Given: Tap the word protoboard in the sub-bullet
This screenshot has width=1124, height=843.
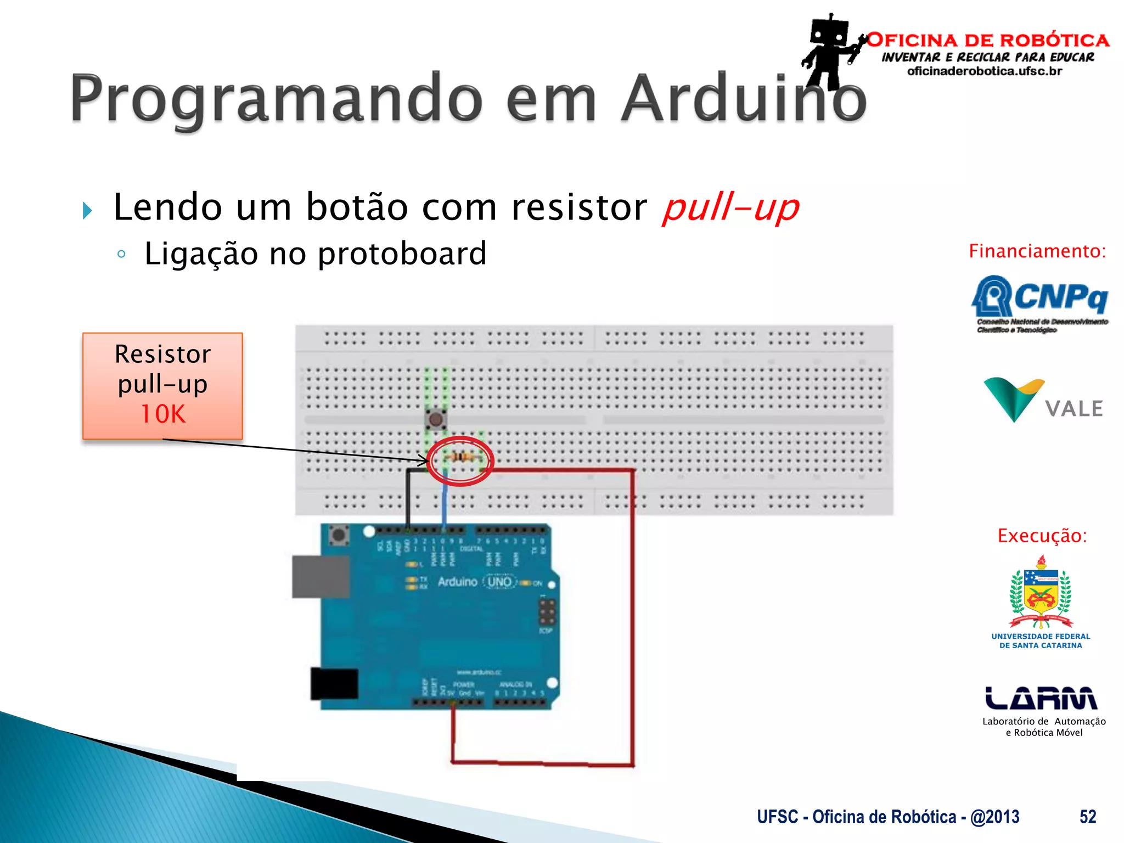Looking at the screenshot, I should coord(402,254).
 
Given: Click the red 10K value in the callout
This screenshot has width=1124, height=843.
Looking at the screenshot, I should coord(163,414).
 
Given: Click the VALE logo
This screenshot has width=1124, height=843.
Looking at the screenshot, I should coord(1043,401).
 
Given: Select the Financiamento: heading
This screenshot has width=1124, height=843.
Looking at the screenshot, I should coord(1037,251).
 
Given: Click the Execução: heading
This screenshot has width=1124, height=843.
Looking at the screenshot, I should coord(1042,535).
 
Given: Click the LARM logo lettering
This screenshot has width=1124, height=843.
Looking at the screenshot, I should coord(1041,698).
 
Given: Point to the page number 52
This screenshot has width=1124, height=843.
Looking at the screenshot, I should coord(1088,817).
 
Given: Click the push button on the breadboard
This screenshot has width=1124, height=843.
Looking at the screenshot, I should coord(436,420).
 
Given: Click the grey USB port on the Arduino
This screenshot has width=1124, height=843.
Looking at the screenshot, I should coord(321,576).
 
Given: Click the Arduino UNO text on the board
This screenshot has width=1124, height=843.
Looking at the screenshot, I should coord(475,582).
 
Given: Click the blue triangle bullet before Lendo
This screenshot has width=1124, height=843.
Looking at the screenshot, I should coord(87,210).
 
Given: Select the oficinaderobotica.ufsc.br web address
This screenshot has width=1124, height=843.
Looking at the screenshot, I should coord(985,71).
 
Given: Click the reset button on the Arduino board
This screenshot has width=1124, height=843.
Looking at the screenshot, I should coord(339,535).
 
